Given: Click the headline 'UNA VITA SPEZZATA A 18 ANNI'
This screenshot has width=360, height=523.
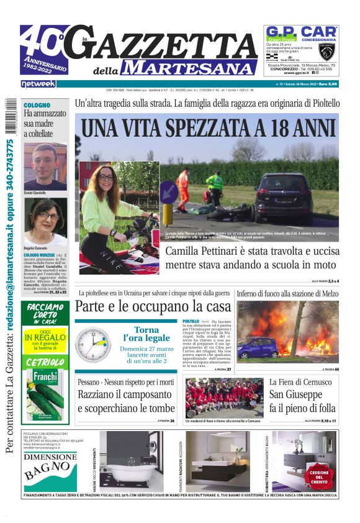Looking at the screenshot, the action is pos(207,128).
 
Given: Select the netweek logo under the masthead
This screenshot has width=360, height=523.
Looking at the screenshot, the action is pos(38,83).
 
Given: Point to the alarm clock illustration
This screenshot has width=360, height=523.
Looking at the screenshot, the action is pos(93,345).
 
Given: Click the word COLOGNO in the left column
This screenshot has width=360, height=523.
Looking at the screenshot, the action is pos(37,106).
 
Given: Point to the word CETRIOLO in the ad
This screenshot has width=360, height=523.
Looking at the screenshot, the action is pos(45,362).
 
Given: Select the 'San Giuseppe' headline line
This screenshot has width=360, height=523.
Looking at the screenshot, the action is pos(295,395).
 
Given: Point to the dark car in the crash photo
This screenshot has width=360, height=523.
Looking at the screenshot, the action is pos(283,197).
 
